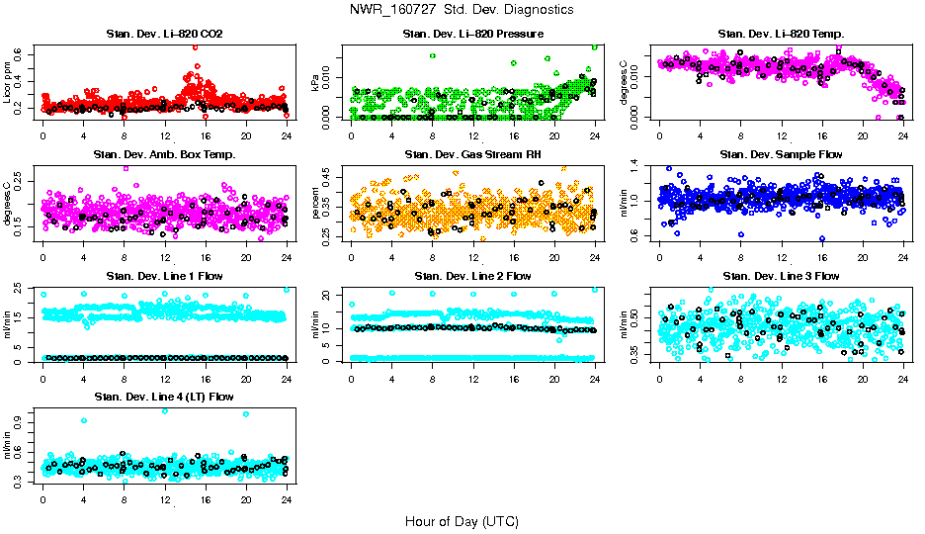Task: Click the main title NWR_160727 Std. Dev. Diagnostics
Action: (461, 9)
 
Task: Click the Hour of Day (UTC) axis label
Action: (461, 520)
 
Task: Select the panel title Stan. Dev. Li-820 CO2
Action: (164, 35)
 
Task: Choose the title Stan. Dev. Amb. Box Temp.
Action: (164, 155)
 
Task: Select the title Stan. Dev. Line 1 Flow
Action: (164, 276)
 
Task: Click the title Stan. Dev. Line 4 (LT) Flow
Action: (164, 397)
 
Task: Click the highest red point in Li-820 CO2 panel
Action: (195, 46)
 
